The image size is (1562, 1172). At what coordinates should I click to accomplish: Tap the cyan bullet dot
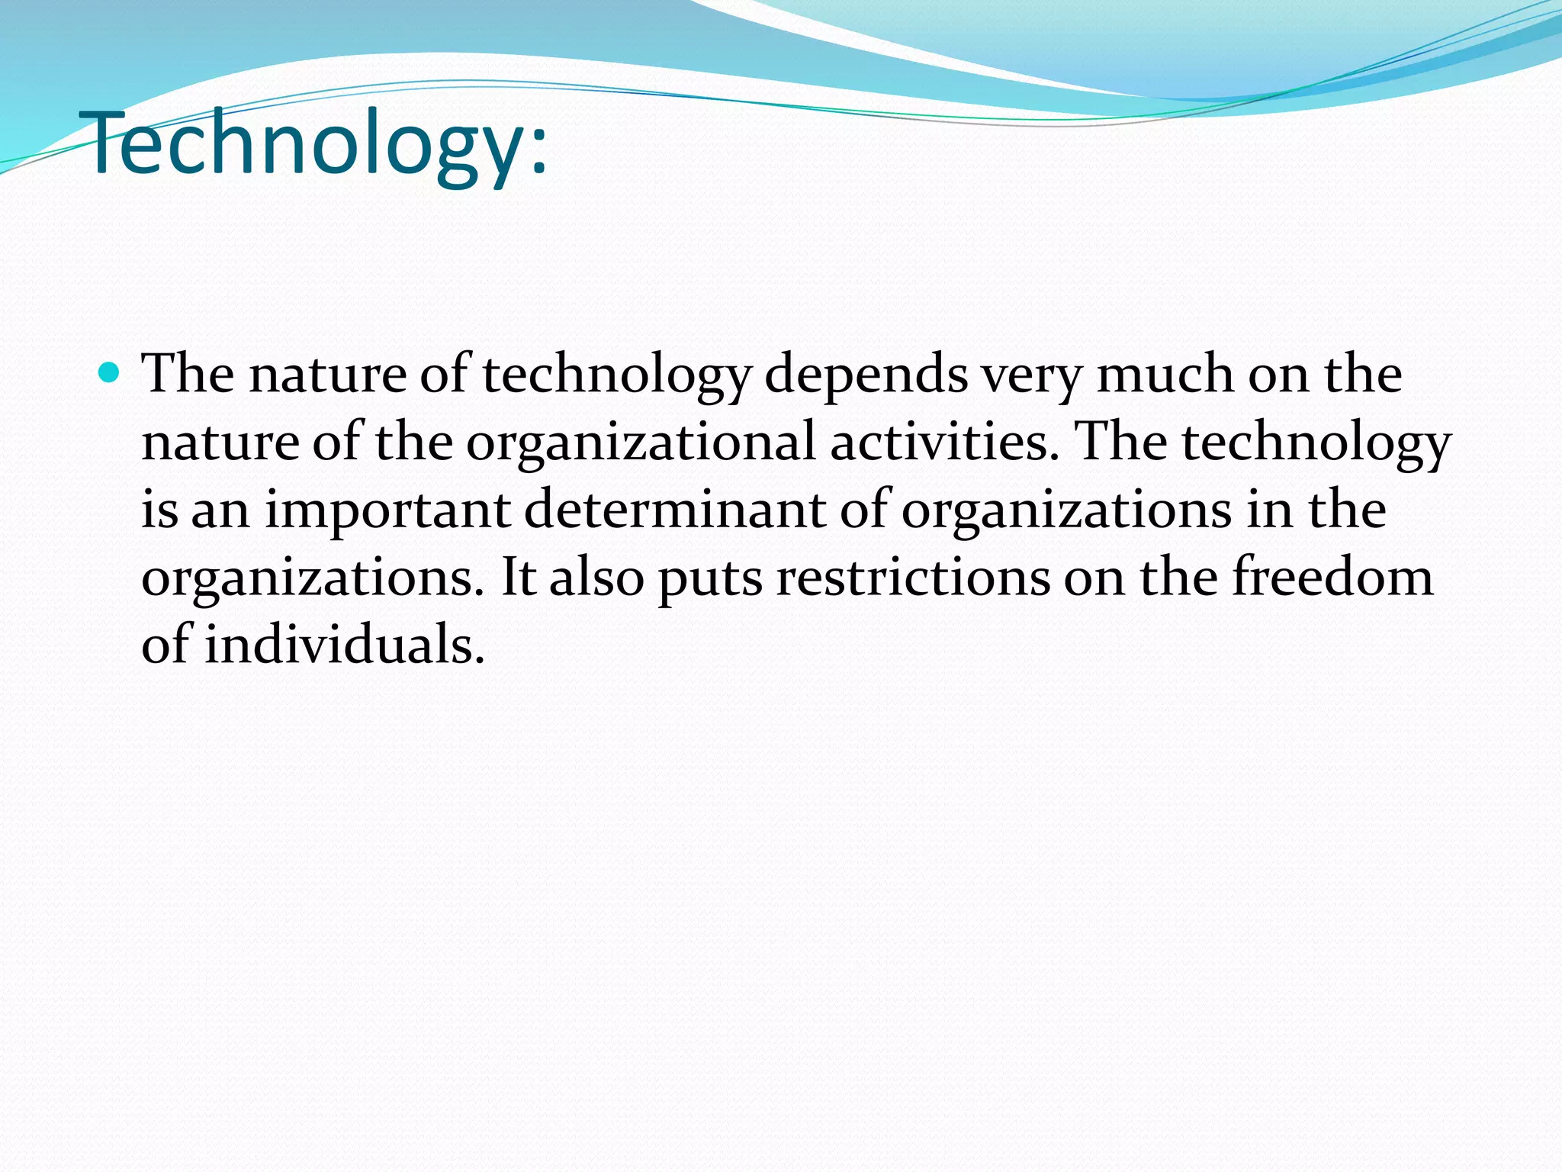pos(110,374)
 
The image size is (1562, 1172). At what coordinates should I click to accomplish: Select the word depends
pos(866,375)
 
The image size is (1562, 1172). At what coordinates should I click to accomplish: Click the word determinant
pos(675,510)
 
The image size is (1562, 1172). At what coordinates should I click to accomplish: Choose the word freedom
pos(1333,578)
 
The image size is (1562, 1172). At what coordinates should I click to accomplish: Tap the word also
pos(597,578)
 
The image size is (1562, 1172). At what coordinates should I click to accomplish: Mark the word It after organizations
pos(519,578)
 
